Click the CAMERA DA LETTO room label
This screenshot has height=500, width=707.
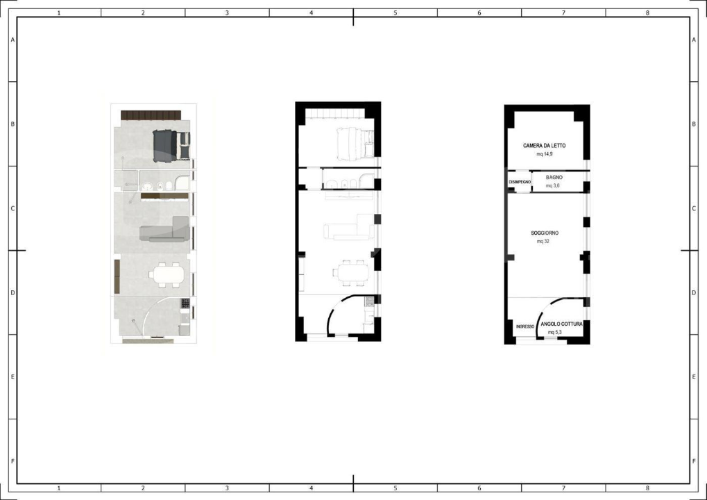pyautogui.click(x=544, y=146)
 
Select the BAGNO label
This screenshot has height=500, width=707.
pyautogui.click(x=554, y=178)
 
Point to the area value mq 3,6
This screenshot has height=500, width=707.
pyautogui.click(x=552, y=185)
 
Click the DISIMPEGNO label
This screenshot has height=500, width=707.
pyautogui.click(x=520, y=182)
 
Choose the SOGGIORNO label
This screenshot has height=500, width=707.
pyautogui.click(x=545, y=233)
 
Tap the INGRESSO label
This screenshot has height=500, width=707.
pyautogui.click(x=525, y=326)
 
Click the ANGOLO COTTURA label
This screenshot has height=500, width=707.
pyautogui.click(x=561, y=324)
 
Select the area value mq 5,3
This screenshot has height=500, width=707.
pyautogui.click(x=554, y=332)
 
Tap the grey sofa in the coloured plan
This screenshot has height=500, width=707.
pyautogui.click(x=165, y=231)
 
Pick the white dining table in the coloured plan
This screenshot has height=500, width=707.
pyautogui.click(x=167, y=275)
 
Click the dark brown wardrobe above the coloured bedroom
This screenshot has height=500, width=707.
pyautogui.click(x=151, y=115)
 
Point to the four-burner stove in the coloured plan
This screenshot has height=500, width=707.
pyautogui.click(x=185, y=303)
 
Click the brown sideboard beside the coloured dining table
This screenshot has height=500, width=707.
pyautogui.click(x=116, y=276)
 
